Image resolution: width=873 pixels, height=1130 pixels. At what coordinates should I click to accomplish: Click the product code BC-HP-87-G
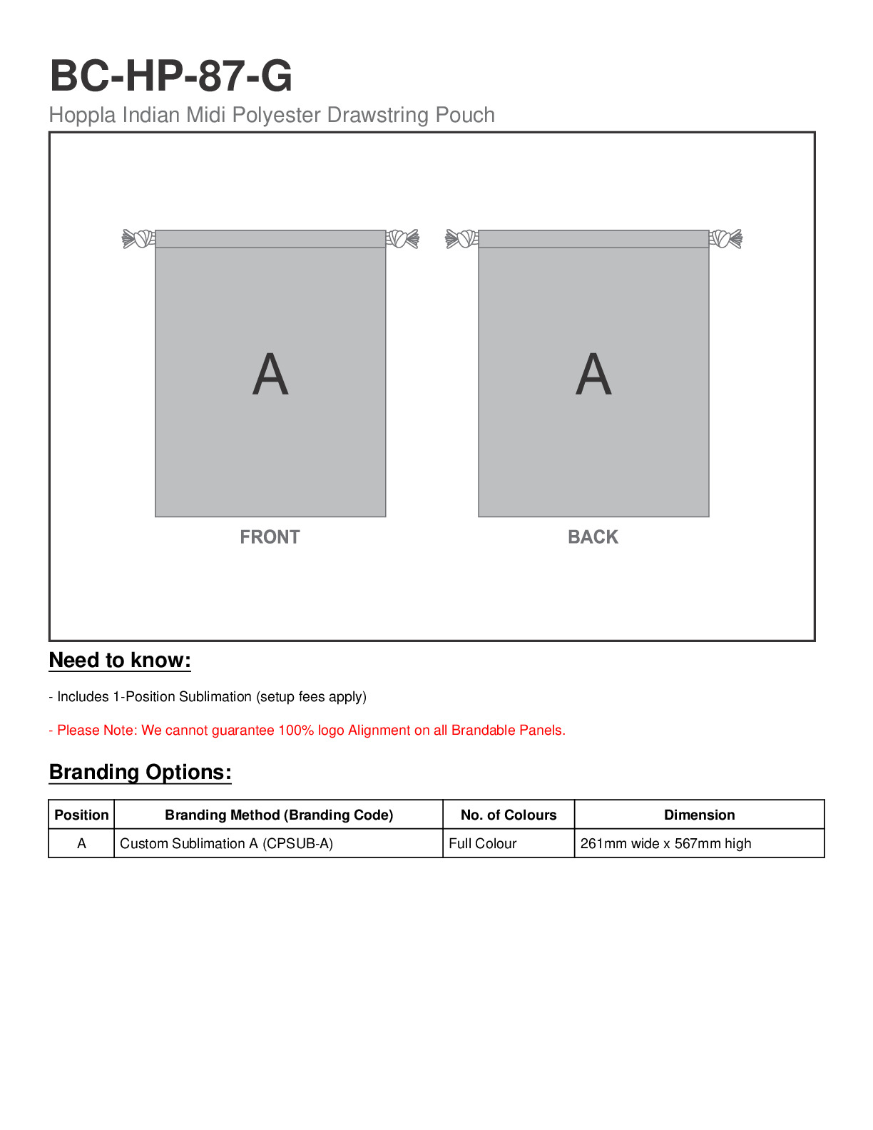click(171, 76)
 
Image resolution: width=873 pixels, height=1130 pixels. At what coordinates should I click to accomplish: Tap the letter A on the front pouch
click(270, 375)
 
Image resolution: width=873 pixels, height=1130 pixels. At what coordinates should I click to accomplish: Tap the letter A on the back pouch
click(593, 375)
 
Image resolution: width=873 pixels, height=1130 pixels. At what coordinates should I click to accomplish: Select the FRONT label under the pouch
click(270, 537)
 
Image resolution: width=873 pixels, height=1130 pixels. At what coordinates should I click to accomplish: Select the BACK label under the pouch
click(593, 537)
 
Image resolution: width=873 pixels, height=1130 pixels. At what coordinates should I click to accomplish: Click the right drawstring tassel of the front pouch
click(403, 238)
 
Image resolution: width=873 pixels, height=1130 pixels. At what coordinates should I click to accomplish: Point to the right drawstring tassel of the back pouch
click(726, 238)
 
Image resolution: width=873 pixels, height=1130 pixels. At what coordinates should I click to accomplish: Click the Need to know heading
click(120, 661)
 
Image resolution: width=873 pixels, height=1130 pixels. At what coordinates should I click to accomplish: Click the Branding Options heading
click(141, 773)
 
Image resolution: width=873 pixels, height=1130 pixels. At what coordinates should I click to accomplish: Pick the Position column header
click(81, 815)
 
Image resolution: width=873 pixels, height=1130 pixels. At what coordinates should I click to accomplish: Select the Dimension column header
click(699, 815)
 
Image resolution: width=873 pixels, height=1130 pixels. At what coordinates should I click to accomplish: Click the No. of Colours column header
click(509, 815)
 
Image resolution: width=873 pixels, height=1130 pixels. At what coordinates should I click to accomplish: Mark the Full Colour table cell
click(483, 844)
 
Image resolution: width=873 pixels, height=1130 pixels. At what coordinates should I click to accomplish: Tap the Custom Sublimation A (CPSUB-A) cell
click(226, 844)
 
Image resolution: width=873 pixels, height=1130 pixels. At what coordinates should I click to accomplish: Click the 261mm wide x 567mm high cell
click(665, 844)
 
